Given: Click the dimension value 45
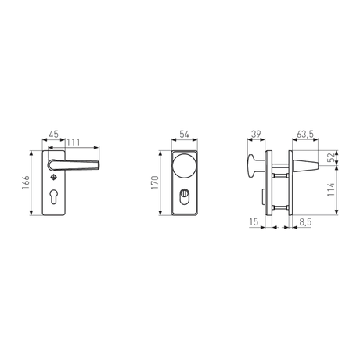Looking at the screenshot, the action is [x=54, y=135].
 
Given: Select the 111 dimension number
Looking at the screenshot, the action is [x=74, y=142].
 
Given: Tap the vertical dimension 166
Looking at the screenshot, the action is [x=26, y=183].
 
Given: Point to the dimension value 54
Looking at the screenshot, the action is [x=185, y=135].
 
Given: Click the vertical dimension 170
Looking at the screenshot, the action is [x=155, y=183].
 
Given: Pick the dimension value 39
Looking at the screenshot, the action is [x=256, y=135].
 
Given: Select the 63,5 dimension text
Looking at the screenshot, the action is [x=305, y=135].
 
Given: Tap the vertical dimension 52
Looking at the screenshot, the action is [x=331, y=158].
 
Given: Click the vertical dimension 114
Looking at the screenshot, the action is [x=331, y=190].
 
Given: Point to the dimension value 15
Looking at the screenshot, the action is [x=254, y=222].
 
